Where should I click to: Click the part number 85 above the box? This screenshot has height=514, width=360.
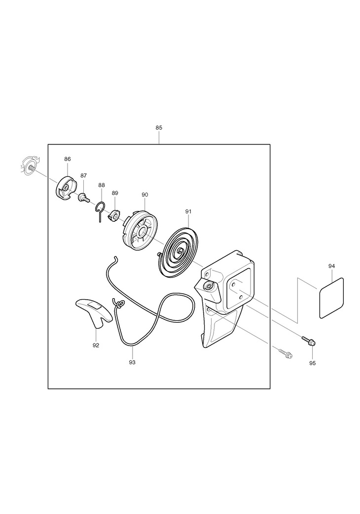tap(159, 128)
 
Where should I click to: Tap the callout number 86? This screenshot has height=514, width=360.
tap(67, 159)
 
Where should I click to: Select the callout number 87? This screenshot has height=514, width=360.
tap(84, 175)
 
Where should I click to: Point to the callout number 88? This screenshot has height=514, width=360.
tap(102, 185)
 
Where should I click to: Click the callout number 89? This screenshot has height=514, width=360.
tap(115, 193)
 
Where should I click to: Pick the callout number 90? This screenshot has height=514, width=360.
tap(144, 195)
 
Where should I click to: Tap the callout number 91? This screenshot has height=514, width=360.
tap(188, 212)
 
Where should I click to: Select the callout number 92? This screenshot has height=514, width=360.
tap(96, 345)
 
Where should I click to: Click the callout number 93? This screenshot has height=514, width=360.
tap(132, 362)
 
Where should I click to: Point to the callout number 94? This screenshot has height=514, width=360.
tap(331, 266)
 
